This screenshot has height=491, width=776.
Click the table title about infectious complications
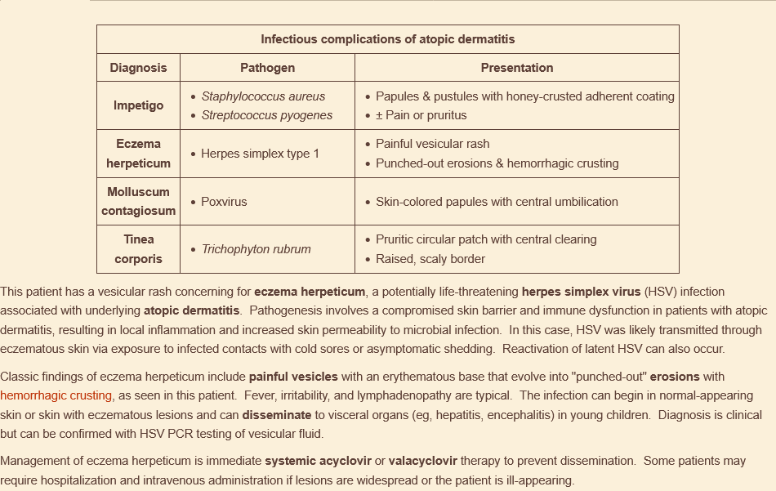point(387,39)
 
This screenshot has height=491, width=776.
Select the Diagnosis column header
point(138,68)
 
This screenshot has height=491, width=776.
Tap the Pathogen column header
point(267,68)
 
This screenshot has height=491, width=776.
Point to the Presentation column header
point(516,68)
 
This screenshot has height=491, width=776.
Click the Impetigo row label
point(138,105)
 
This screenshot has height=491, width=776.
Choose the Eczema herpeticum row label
point(138,154)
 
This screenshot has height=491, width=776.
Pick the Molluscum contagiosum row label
point(138,201)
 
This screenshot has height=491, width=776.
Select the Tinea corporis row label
point(138,249)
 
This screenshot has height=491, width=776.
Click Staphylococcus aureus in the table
point(263,96)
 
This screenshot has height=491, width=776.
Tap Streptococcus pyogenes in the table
point(266,115)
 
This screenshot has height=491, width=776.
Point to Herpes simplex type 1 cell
point(260,154)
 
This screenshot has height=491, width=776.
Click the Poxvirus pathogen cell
point(224,202)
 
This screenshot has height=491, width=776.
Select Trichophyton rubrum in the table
point(256,249)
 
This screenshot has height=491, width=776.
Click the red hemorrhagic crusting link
point(56,395)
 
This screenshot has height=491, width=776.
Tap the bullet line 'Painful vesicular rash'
point(432,144)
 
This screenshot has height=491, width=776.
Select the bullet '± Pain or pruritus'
point(421,115)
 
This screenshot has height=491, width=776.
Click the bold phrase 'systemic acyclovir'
point(318,461)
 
